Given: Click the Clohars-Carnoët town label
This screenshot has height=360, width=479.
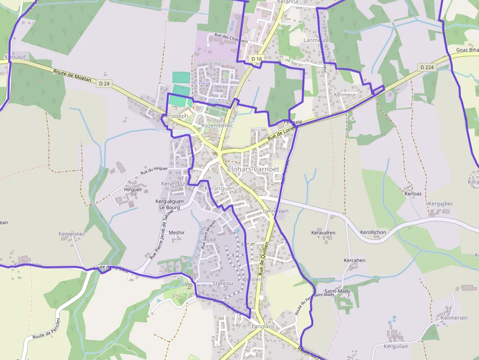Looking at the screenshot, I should (253, 169).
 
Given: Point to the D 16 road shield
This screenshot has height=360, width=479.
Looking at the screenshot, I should (256, 59).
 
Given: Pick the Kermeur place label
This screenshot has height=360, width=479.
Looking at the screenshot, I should (346, 94).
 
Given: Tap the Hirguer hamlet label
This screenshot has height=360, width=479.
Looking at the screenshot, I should (133, 190).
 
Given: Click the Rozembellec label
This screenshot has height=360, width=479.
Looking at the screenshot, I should (217, 126).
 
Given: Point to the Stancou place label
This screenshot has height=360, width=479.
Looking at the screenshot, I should (222, 284).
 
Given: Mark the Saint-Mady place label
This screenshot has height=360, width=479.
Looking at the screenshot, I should (338, 291).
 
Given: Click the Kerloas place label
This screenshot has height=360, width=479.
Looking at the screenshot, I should (413, 194).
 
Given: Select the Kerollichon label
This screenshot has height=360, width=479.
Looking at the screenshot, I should (373, 232).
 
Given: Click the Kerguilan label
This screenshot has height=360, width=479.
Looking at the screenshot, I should (396, 346).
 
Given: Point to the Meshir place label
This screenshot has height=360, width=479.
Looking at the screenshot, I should (176, 233).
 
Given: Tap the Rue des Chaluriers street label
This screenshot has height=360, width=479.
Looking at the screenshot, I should (231, 38).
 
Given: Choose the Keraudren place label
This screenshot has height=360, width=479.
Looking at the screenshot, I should (323, 233).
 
